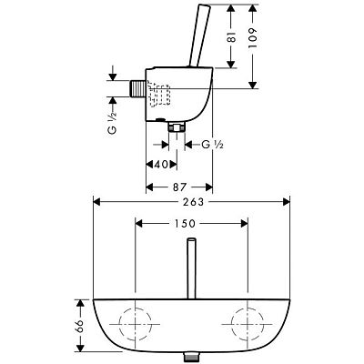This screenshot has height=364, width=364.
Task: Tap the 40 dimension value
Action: pos(160,165)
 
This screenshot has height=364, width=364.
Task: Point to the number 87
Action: pos(178,187)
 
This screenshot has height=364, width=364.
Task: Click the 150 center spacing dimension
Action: pos(189,224)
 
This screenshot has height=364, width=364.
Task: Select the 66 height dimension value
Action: pos(78,325)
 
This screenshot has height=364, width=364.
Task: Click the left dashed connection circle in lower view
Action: pos(135,323)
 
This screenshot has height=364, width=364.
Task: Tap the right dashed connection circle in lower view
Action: pos(245,323)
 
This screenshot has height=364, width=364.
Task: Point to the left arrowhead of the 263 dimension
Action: pos(94,203)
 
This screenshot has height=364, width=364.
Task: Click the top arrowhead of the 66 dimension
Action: pos(78,300)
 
